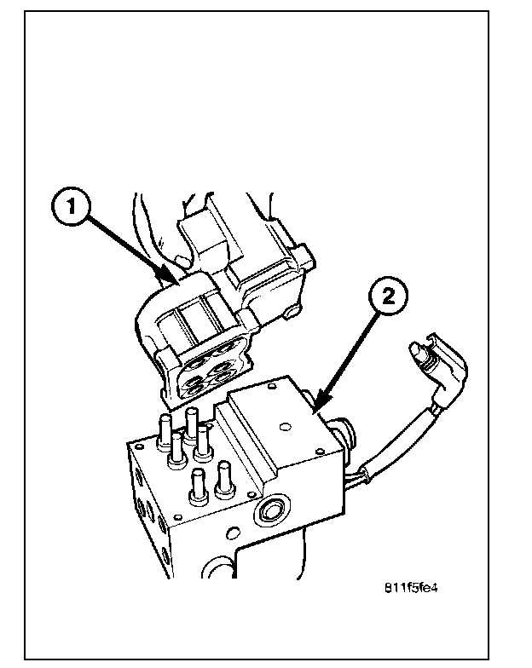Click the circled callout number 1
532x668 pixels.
tap(72, 208)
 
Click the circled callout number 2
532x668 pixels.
tap(389, 297)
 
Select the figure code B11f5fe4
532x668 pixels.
tap(411, 588)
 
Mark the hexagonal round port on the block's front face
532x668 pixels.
tap(269, 510)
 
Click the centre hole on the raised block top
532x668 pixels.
tap(285, 426)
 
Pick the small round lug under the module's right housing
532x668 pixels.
tap(294, 310)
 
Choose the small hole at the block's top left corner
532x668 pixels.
tap(137, 447)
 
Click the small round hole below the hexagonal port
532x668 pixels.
tap(233, 533)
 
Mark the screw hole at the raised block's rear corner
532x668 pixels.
tap(271, 387)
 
